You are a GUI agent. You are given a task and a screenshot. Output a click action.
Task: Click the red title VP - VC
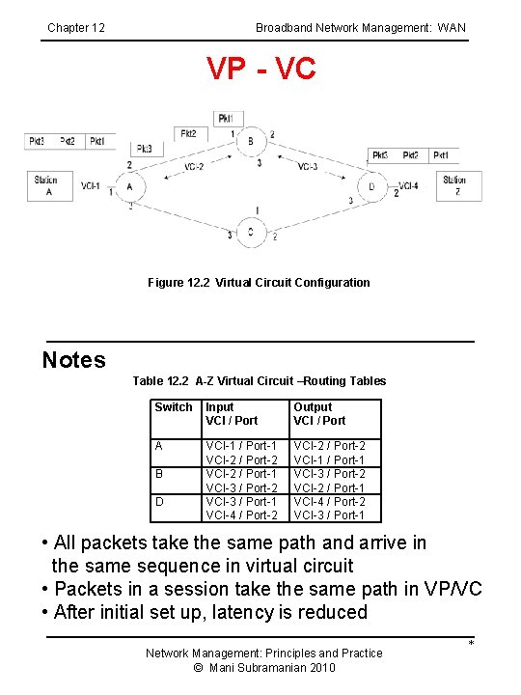pos(261,69)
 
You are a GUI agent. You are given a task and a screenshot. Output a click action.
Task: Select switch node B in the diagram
pos(251,141)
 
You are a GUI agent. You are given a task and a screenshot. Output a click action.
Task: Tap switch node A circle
pos(130,186)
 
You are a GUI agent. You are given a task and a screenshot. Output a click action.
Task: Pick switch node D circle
pos(372,186)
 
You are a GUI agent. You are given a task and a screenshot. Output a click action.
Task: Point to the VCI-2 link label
pos(192,166)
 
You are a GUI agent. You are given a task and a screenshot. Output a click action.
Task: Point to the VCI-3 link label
pos(307,166)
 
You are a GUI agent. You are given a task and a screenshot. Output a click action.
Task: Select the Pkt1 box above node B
pos(225,118)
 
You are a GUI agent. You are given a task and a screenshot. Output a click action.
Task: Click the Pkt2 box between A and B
pos(188,134)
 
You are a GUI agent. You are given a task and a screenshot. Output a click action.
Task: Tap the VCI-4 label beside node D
pos(407,186)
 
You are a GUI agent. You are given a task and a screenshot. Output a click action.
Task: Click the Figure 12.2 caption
pos(259,283)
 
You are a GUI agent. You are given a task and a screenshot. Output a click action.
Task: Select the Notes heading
pos(74,360)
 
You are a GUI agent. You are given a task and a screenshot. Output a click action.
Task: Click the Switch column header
pos(174,407)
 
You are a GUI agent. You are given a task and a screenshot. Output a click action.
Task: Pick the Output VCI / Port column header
pos(319,414)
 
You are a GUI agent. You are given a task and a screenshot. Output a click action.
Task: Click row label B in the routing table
pos(159,474)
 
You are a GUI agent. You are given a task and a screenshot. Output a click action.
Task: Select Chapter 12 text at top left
pos(76,28)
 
